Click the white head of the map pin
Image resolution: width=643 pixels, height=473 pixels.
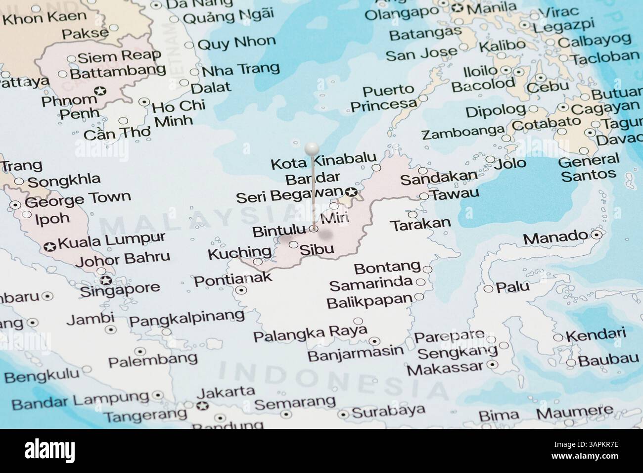312,148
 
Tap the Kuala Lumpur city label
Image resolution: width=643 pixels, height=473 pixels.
111,241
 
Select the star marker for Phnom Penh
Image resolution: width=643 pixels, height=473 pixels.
100,91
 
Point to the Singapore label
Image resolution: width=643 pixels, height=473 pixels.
120,288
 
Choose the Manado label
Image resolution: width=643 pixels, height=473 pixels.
554,238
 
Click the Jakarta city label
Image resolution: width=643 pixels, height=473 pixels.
226,391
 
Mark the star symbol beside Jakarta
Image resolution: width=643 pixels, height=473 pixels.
201,406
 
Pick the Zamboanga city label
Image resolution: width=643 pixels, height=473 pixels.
462,133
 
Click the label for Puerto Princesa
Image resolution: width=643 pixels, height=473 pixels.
383,97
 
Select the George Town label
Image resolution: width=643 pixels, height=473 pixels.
78,199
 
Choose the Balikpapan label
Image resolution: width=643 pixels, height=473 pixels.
369,300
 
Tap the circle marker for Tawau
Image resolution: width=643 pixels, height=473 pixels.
424,196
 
